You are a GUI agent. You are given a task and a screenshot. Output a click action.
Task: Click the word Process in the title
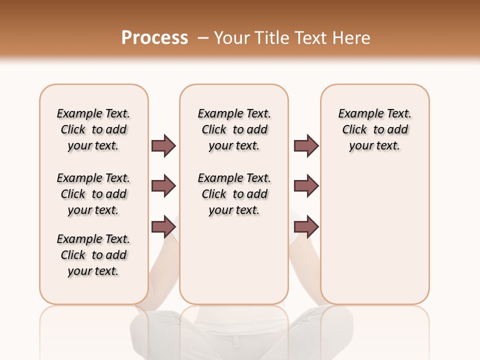[154, 38]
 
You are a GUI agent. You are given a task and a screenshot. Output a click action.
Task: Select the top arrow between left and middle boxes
[163, 145]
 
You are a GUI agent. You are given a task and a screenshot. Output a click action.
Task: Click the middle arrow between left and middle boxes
[163, 186]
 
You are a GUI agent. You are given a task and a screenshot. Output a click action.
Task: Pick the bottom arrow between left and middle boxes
[163, 226]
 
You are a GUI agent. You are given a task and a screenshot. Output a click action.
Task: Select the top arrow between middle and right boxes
[306, 145]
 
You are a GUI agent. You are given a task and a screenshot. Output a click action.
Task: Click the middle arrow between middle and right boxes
[306, 186]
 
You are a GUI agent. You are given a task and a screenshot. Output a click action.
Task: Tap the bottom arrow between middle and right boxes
[306, 226]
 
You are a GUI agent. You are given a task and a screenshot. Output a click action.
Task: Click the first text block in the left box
[93, 129]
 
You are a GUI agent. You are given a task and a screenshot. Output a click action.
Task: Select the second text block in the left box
[93, 194]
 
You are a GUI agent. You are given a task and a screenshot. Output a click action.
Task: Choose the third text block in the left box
[93, 255]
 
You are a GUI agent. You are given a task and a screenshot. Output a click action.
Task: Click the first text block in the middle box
[234, 129]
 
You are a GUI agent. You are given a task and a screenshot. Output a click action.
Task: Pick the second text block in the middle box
[234, 194]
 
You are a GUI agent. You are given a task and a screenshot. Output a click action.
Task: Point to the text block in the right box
[374, 129]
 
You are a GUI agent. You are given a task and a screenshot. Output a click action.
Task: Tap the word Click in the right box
[354, 130]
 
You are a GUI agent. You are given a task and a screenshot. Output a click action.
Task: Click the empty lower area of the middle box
[234, 260]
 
